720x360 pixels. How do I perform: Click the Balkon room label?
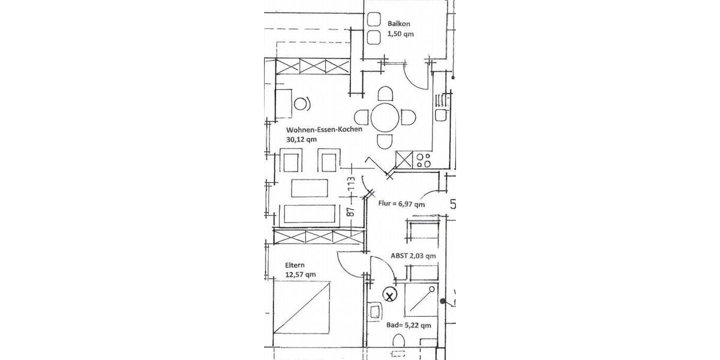coord(398,25)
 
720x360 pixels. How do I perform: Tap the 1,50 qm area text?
coord(400,34)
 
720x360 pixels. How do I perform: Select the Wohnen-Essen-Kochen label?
coord(323,129)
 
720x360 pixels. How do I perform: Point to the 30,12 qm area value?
coord(301,139)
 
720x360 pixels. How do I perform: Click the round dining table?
coord(384,117)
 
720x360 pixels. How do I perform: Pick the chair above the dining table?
coord(385,94)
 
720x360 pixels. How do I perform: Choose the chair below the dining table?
coord(384,141)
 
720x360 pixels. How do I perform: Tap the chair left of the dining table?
coord(361,116)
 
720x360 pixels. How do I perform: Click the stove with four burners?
coord(423,160)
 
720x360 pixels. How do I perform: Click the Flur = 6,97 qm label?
coord(401,204)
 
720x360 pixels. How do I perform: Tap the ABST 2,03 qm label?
coord(413,256)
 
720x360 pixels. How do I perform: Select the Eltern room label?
coord(296,265)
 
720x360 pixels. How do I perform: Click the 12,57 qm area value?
coord(300,275)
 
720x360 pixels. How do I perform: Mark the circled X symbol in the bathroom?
coord(390,295)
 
